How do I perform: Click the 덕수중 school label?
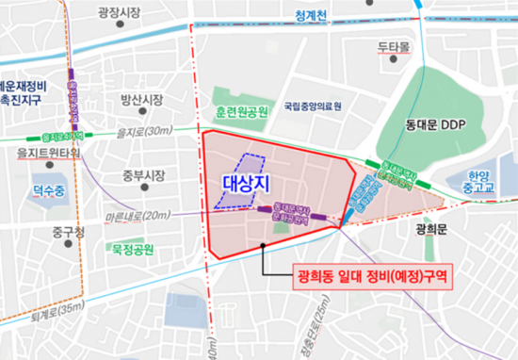point(50,190)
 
